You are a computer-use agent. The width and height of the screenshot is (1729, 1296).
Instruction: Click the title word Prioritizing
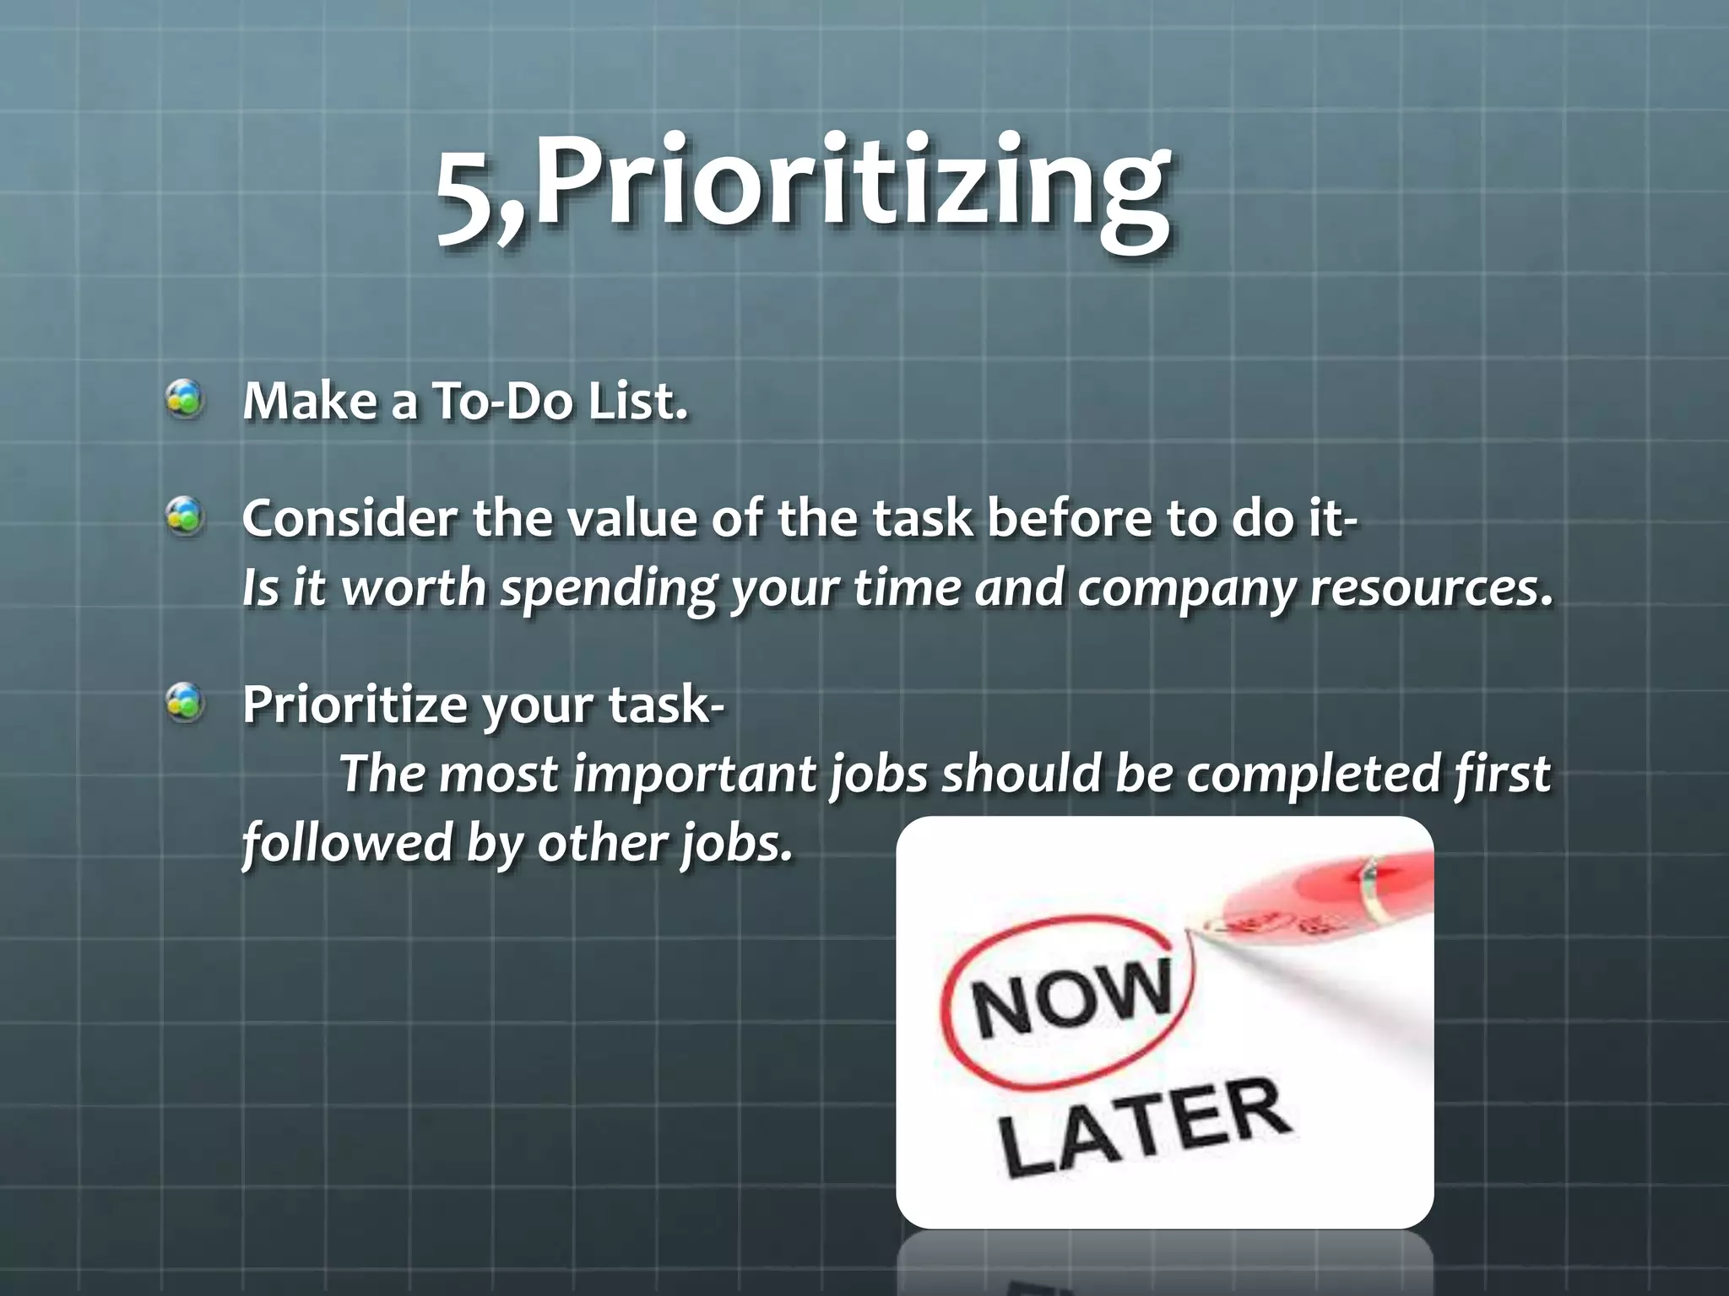coord(853,186)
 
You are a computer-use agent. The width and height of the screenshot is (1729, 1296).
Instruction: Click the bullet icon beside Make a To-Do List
coord(185,399)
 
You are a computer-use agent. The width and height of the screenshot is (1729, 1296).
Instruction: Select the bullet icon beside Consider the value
coord(185,516)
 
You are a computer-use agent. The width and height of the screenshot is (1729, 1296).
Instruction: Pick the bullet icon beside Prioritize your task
coord(185,703)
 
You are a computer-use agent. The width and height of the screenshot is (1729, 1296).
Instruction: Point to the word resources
coord(1430,588)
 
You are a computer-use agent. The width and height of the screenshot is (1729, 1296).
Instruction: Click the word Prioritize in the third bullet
coord(354,705)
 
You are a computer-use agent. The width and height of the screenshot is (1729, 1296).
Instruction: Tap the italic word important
coord(695,775)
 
